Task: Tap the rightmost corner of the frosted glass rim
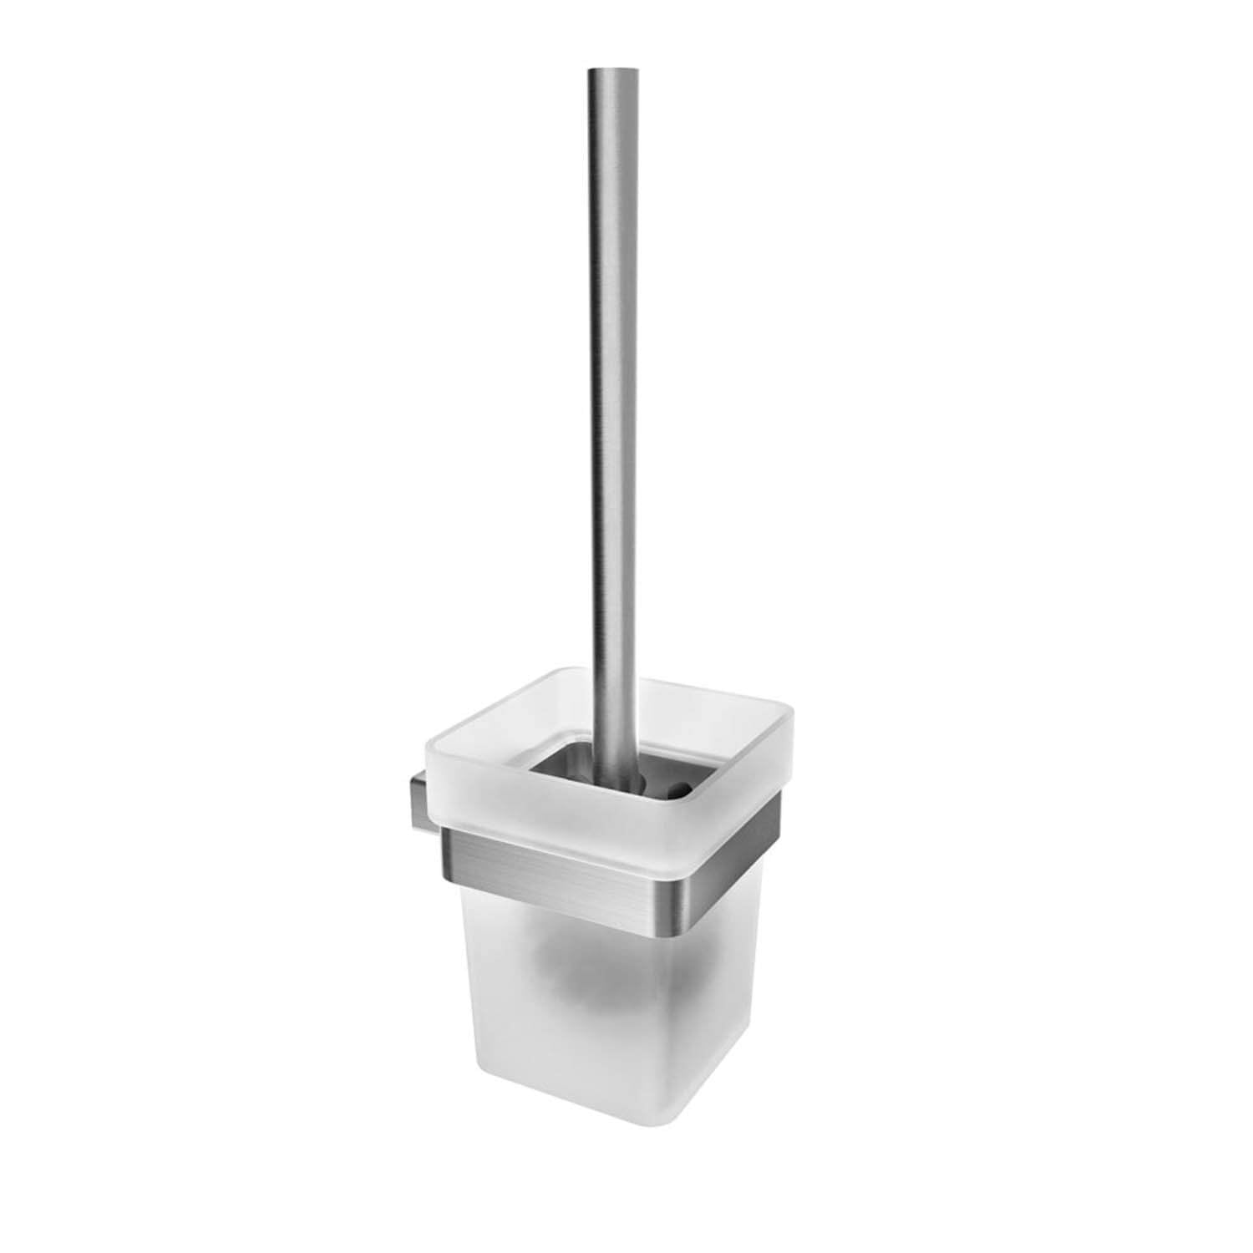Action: [791, 718]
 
